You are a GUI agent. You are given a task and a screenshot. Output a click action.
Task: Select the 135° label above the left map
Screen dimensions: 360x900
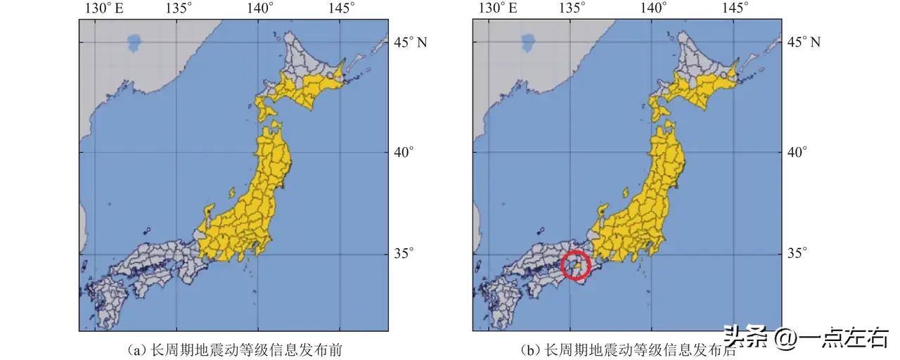point(179,8)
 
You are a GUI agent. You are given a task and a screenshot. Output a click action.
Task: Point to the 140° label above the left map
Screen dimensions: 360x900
point(259,8)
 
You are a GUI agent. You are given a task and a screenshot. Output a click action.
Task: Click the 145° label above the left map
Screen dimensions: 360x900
point(341,8)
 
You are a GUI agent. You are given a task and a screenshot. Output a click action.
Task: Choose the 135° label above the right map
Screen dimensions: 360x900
point(572,8)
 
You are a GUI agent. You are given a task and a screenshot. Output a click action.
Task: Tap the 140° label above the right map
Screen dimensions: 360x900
point(653,8)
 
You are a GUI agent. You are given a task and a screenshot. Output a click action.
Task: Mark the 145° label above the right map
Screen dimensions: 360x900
point(735,8)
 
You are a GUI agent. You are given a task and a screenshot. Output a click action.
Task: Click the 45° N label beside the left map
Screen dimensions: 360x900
point(412,42)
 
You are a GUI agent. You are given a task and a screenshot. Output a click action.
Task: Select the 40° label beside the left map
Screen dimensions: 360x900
point(403,152)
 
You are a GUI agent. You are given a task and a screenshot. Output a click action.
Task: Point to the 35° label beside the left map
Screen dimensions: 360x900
point(403,253)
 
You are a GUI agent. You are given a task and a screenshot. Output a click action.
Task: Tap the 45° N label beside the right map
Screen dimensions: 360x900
point(806,42)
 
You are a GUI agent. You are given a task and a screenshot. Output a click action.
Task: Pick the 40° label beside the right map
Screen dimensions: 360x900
point(797,152)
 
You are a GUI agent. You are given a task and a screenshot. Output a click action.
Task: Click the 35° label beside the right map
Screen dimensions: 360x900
point(797,253)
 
